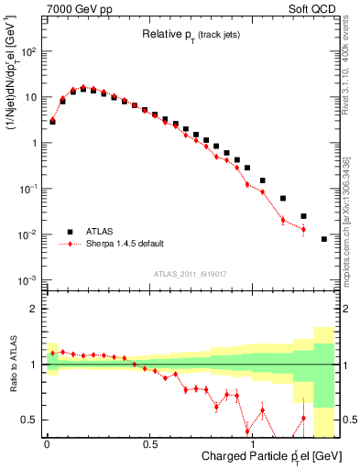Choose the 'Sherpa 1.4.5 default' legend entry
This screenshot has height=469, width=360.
click(x=125, y=245)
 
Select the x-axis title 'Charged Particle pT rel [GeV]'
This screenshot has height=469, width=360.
click(x=258, y=455)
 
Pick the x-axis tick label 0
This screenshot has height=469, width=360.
click(x=47, y=442)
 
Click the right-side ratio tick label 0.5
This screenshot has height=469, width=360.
click(x=348, y=420)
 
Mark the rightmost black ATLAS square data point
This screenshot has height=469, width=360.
click(x=324, y=239)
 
